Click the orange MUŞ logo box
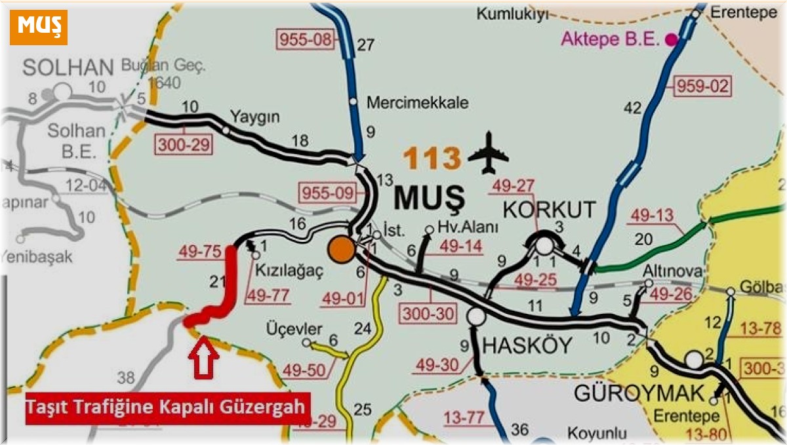click(39, 27)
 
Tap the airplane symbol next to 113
click(489, 153)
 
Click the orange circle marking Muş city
click(340, 250)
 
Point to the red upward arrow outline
click(203, 357)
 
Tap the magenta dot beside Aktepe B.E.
click(671, 39)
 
